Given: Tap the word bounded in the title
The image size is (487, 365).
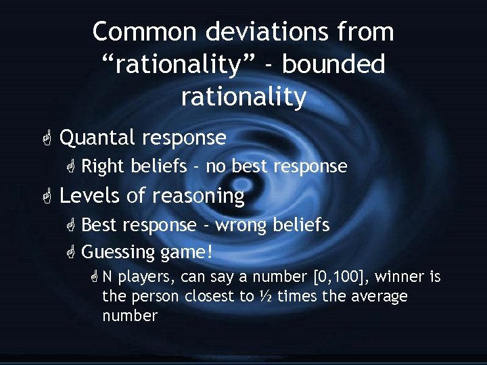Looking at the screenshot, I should (334, 65).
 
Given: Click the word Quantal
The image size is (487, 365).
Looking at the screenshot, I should (98, 138).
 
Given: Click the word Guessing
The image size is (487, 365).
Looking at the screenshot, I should (118, 252).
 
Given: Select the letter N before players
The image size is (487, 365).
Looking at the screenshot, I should (108, 276).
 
